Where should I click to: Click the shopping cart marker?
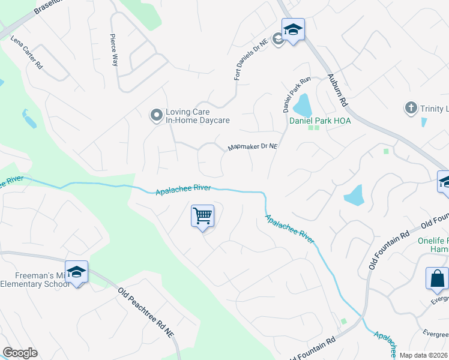[x=203, y=215]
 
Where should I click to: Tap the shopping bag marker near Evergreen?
[x=436, y=278]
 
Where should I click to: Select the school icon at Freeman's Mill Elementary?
[x=77, y=272]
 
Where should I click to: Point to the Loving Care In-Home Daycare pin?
[x=156, y=115]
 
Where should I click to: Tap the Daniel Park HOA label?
[x=320, y=121]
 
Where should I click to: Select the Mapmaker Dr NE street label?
[x=253, y=146]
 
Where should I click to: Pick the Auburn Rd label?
[x=338, y=91]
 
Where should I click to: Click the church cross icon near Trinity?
[x=411, y=108]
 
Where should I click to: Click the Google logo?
[x=20, y=353]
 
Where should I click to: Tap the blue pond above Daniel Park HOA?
[x=303, y=105]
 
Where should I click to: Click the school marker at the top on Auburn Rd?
[x=293, y=30]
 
